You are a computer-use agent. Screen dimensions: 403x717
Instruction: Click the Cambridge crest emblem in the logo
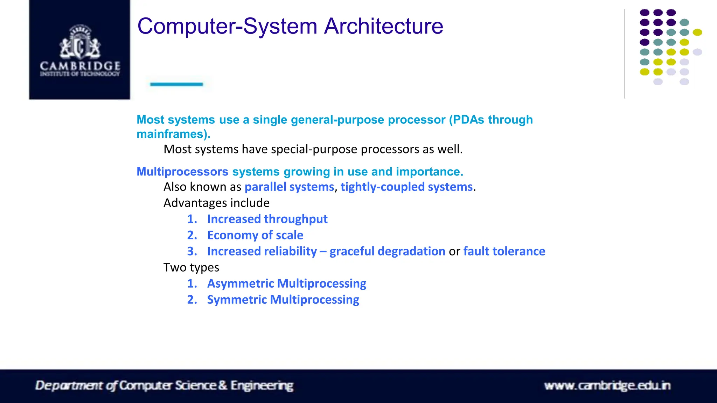tap(80, 42)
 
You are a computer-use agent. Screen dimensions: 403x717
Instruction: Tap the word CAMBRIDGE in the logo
tap(80, 66)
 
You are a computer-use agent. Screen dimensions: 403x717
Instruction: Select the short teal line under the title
tap(176, 84)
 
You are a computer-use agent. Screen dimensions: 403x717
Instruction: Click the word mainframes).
tap(173, 134)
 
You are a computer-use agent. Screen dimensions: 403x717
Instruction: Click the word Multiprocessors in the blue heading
tap(182, 172)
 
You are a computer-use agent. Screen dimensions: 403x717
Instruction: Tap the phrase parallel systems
tap(289, 187)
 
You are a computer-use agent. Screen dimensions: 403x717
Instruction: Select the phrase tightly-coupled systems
tap(406, 187)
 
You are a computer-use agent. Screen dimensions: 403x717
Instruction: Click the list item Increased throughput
tap(267, 219)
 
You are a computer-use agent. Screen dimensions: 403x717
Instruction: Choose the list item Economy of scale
tap(255, 235)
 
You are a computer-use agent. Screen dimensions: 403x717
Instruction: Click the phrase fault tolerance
tap(504, 251)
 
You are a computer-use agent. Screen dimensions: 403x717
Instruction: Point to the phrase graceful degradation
tap(387, 251)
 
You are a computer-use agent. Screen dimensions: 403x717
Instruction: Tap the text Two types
tap(191, 267)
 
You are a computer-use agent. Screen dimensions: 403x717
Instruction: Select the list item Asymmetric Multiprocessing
tap(286, 283)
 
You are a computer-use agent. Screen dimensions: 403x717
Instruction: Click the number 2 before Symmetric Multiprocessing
tap(192, 300)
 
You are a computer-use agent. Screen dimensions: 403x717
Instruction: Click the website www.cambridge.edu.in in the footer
tap(607, 386)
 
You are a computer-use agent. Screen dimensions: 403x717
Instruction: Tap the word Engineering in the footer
tap(262, 386)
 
